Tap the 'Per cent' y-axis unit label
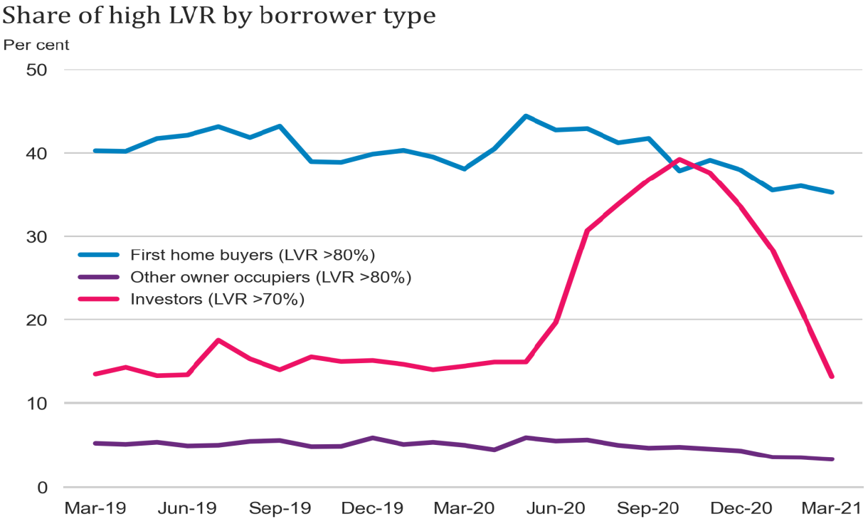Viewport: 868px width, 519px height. tap(36, 45)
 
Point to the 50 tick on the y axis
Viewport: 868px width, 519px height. tap(37, 70)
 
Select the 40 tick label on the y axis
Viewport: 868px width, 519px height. tap(37, 154)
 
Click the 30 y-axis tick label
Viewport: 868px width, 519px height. tap(37, 237)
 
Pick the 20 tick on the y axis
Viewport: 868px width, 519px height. tap(37, 320)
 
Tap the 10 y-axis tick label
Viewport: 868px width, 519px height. tap(37, 404)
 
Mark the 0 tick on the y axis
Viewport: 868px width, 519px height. tap(43, 488)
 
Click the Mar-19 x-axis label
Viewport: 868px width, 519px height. tap(95, 508)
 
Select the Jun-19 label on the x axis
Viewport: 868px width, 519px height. tap(187, 508)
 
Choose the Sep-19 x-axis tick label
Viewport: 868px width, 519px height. tap(280, 508)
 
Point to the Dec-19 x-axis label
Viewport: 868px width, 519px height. tap(373, 508)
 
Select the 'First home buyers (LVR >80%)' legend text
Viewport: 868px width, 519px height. tap(253, 254)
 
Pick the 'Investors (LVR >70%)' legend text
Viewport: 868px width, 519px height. tap(217, 300)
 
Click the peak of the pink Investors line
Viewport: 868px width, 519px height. tap(679, 159)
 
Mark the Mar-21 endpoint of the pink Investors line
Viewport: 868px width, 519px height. tap(831, 377)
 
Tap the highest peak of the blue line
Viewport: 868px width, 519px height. tap(525, 116)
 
